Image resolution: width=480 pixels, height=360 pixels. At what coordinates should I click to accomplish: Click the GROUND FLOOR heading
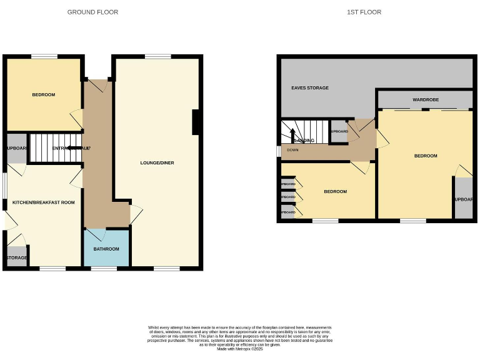92,12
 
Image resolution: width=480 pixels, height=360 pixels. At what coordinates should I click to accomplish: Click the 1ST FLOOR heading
364,12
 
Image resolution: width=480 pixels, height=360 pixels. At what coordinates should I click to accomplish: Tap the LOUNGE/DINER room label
157,163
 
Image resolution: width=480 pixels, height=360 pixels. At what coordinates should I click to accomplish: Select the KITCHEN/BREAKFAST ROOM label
43,202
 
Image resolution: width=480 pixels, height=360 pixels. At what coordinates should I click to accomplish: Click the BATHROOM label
106,249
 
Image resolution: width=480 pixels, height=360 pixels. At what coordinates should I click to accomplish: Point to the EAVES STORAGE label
310,88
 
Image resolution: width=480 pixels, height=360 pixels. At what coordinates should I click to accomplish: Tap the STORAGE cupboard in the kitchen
17,257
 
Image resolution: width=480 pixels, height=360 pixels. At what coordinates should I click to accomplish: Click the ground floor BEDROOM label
44,95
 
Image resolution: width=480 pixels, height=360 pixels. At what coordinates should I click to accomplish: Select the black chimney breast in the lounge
196,122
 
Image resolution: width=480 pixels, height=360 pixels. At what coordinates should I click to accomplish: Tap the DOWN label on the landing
292,150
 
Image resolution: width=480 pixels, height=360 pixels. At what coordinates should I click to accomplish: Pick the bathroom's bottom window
104,269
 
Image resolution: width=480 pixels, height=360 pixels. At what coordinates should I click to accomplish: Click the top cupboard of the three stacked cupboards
288,184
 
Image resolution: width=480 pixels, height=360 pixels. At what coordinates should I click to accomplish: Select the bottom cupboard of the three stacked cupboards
288,212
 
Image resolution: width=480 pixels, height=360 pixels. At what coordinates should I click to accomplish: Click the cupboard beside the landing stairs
339,132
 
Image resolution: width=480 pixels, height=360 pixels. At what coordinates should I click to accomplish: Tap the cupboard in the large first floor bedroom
463,199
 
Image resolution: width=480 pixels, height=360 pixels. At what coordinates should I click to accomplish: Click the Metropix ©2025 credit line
240,349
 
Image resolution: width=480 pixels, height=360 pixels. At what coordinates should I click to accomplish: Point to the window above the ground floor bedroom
44,56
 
